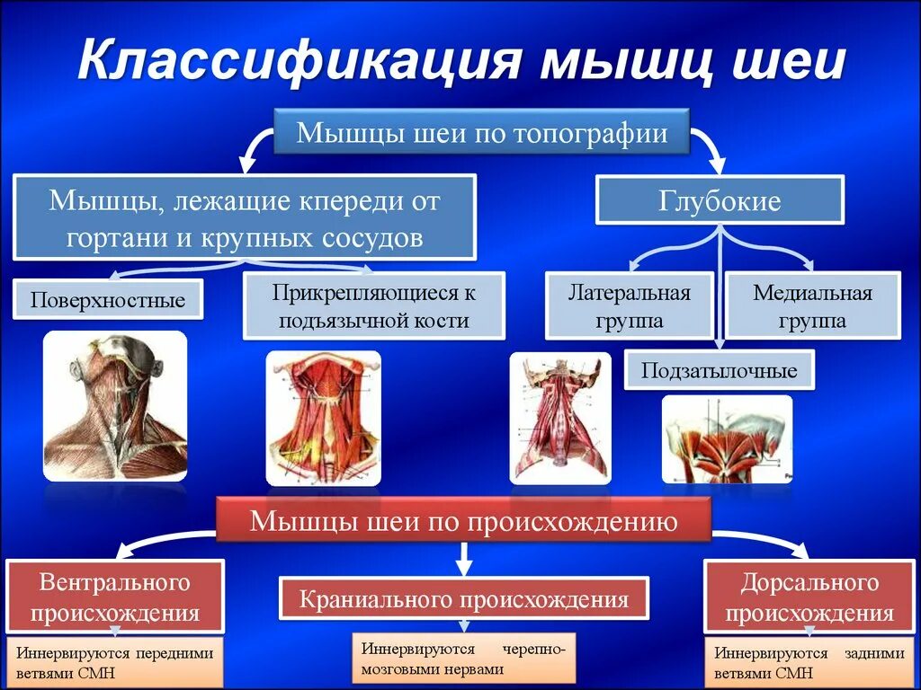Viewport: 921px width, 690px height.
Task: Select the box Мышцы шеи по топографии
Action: (482, 134)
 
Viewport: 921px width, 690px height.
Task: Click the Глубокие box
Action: (720, 200)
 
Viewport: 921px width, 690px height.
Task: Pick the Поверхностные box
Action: (108, 299)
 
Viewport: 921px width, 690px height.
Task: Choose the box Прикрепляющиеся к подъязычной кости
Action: (374, 305)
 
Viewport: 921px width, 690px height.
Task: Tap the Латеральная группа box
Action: (629, 306)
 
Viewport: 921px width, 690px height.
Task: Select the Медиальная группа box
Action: (813, 306)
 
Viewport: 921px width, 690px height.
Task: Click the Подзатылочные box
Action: (719, 369)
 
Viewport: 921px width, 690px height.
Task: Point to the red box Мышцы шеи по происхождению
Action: (463, 520)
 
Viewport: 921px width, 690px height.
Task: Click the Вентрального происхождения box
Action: (115, 597)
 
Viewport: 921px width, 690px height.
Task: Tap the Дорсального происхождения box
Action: (809, 597)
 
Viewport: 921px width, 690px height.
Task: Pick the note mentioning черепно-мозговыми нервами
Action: (463, 659)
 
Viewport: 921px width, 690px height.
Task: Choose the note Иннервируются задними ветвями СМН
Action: (809, 663)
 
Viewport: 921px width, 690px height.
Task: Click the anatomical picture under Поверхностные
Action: (115, 405)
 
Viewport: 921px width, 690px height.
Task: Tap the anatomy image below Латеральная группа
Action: (560, 418)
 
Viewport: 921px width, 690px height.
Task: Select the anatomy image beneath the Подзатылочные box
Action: (727, 439)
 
